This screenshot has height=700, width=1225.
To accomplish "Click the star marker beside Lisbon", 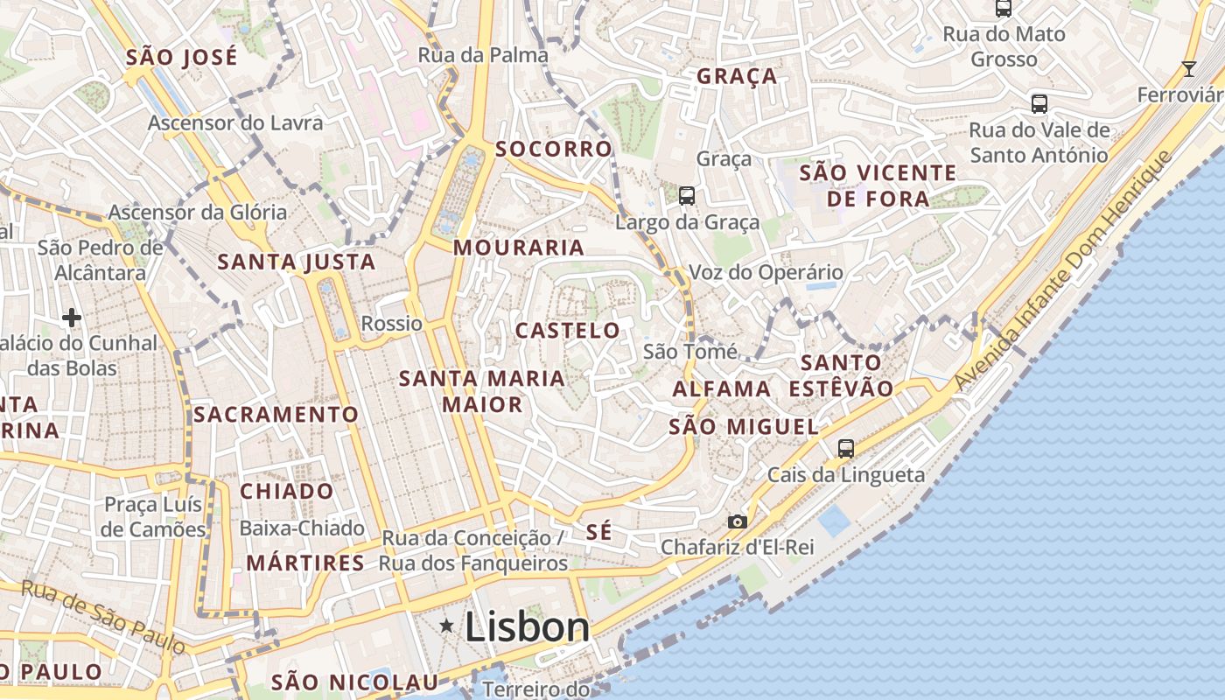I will tap(447, 625).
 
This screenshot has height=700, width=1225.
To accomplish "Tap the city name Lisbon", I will tap(527, 626).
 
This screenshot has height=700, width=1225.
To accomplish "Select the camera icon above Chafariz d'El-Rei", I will tap(738, 521).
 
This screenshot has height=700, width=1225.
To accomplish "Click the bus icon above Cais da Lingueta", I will tap(845, 449).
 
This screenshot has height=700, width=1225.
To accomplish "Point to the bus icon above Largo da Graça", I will tap(687, 196).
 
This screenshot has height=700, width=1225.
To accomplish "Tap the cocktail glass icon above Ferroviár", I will tap(1188, 68).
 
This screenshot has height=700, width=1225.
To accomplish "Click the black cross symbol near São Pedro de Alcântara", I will tap(72, 317).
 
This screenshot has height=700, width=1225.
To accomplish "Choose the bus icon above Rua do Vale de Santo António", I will tap(1039, 104).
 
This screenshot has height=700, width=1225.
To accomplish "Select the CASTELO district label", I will tap(568, 331).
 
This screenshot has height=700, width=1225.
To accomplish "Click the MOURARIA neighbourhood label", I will tap(519, 248).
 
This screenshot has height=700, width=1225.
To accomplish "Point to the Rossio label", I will tap(392, 323).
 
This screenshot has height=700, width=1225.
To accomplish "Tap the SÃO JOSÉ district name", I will tap(182, 58).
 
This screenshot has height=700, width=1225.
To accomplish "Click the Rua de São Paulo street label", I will tap(103, 616).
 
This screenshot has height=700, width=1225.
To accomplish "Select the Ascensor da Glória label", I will tap(197, 212).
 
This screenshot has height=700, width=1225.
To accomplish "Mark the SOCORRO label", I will tap(554, 149).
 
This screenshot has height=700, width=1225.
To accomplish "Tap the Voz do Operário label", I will tap(766, 272).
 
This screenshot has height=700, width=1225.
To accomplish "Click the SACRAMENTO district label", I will tap(276, 414).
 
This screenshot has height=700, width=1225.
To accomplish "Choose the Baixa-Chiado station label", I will tap(302, 528).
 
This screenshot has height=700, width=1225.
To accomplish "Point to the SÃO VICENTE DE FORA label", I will tap(878, 185).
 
